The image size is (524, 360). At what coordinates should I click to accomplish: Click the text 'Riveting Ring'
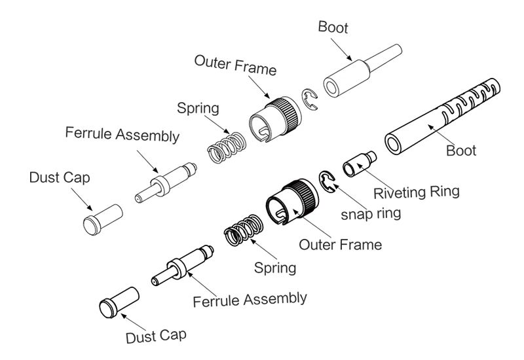click(x=416, y=192)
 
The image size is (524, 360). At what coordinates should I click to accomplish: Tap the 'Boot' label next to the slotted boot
click(x=461, y=151)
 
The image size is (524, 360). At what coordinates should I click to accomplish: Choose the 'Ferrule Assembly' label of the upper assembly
click(x=122, y=135)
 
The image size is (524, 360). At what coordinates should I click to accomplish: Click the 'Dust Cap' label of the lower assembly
click(x=156, y=336)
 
